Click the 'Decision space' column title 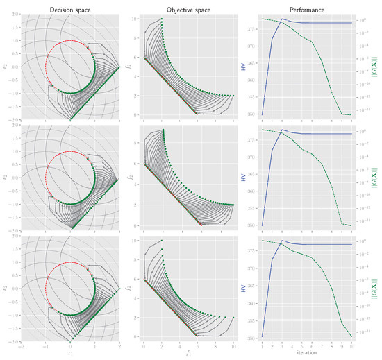(70, 9)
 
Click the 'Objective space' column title (188, 9)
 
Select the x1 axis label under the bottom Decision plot (70, 354)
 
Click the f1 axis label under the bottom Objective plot (188, 354)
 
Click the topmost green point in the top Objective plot (161, 19)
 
